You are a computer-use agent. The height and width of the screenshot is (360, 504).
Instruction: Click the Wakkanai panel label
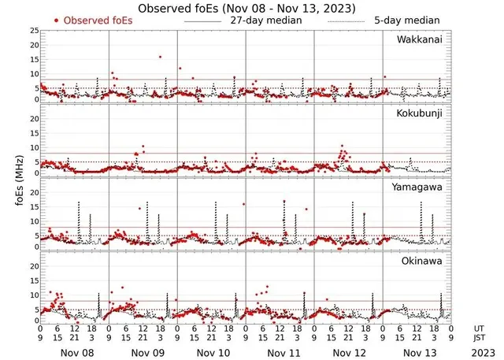point(420,39)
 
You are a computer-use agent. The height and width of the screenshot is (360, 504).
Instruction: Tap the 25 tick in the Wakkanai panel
point(33,31)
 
